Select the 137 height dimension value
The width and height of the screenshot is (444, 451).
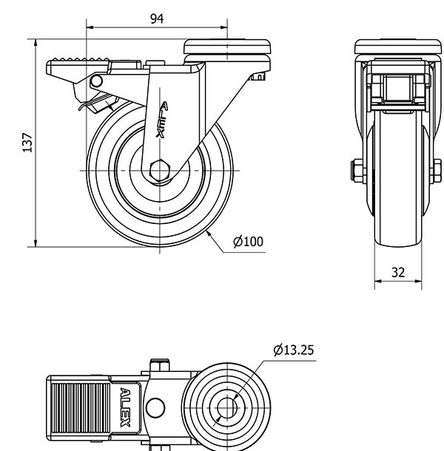[27, 142]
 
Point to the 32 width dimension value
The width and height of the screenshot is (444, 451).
[398, 272]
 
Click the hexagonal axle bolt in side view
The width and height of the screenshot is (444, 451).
[160, 171]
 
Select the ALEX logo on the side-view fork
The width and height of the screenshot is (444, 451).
[162, 120]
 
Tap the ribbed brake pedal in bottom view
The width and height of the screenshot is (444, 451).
[81, 407]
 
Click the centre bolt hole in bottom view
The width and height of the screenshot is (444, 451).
[226, 407]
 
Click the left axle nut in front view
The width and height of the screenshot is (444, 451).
[356, 171]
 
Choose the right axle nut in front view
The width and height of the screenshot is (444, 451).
[437, 171]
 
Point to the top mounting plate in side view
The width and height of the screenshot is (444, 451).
[226, 47]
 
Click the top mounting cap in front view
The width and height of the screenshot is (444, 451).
[398, 47]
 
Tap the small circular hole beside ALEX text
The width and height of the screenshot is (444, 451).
[154, 407]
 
